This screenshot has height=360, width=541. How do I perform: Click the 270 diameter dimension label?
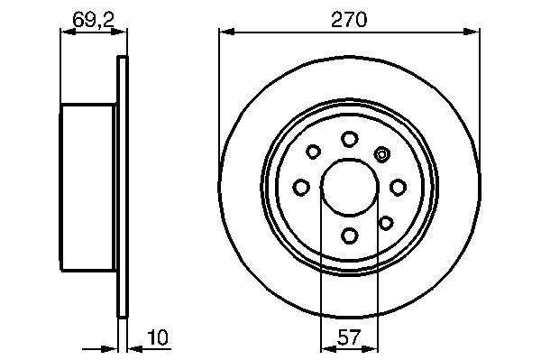[349, 20]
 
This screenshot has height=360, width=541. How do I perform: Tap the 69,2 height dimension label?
[93, 20]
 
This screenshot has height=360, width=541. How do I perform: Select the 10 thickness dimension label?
[158, 337]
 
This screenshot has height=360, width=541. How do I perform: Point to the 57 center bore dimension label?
[349, 337]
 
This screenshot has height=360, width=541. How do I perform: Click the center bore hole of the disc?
[350, 187]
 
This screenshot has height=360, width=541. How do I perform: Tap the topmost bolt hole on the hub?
[349, 139]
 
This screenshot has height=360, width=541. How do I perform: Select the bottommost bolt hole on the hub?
[350, 235]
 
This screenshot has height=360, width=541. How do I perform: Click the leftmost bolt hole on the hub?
[301, 188]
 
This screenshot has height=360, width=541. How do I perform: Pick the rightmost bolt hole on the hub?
[398, 188]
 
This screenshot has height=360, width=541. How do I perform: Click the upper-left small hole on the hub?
[313, 152]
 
